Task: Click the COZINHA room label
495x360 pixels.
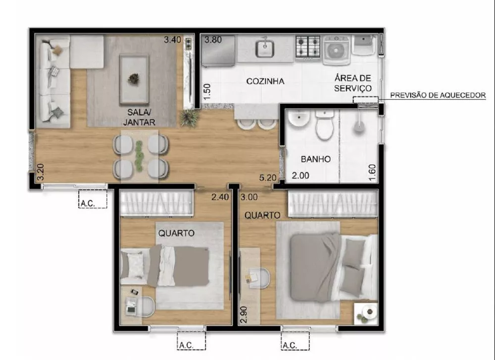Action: pyautogui.click(x=265, y=81)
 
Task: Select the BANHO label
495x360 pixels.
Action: pyautogui.click(x=315, y=159)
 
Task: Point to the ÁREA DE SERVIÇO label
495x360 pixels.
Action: pyautogui.click(x=353, y=83)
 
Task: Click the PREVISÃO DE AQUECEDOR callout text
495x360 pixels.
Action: pyautogui.click(x=438, y=95)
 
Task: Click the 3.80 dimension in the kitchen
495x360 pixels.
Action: pyautogui.click(x=213, y=40)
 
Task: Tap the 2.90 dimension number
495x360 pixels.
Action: pyautogui.click(x=243, y=315)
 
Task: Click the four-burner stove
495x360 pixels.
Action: pyautogui.click(x=307, y=46)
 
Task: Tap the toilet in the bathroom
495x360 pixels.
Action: pyautogui.click(x=325, y=127)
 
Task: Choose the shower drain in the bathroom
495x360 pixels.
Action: pyautogui.click(x=358, y=127)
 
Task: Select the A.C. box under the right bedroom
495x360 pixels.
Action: pyautogui.click(x=295, y=341)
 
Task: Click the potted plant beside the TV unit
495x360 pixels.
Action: pyautogui.click(x=188, y=118)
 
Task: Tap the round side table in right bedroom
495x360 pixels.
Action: pyautogui.click(x=366, y=313)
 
